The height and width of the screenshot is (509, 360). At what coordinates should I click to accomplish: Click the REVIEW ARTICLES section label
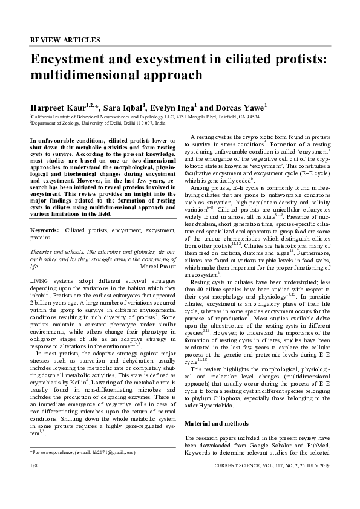pyautogui.click(x=65, y=40)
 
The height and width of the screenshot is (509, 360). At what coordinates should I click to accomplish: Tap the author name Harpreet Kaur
pyautogui.click(x=58, y=107)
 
